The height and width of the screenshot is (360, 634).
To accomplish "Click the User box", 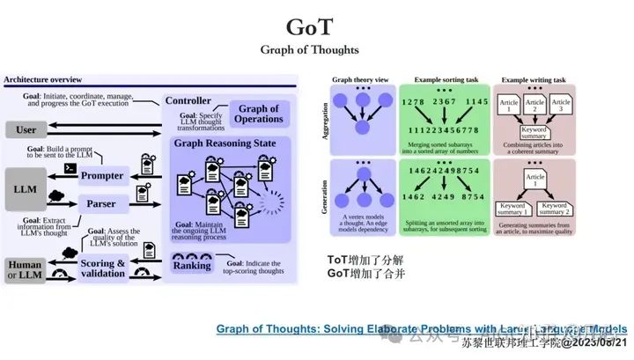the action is [27, 130].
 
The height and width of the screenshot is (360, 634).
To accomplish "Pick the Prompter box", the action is [102, 176].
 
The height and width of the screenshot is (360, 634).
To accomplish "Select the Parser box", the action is [102, 203].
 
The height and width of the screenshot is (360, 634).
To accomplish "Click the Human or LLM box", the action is [25, 270].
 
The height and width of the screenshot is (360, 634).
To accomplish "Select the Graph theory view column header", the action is [355, 80].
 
